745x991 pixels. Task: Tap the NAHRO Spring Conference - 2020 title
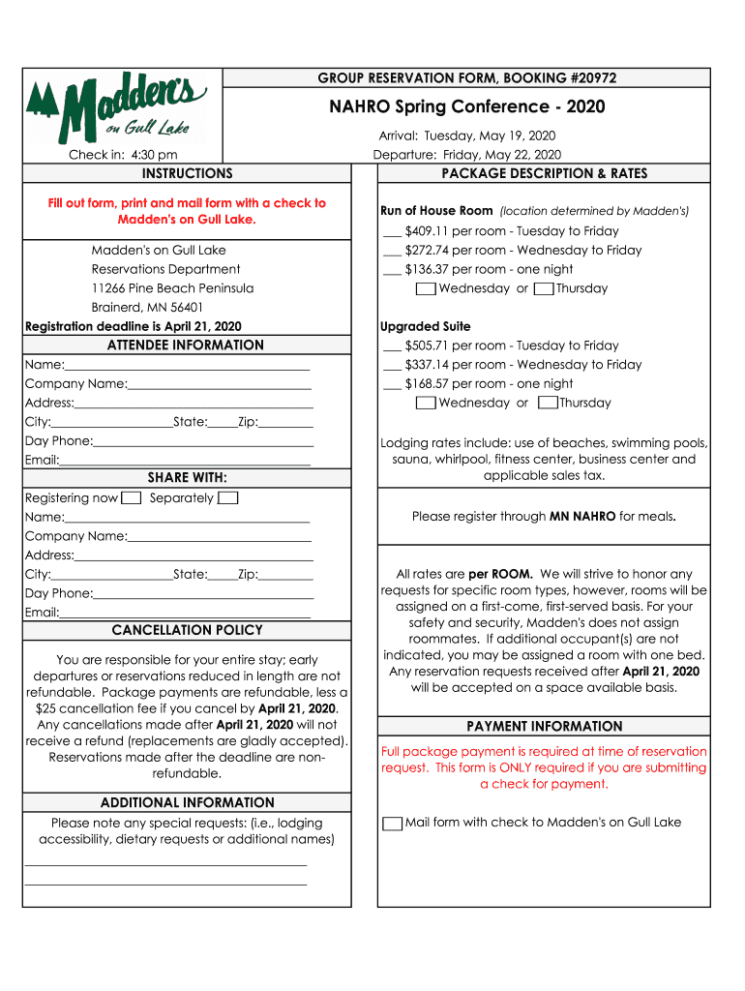(467, 106)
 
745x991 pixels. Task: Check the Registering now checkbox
(133, 498)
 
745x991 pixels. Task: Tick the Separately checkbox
(227, 498)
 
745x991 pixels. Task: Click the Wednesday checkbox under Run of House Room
(425, 288)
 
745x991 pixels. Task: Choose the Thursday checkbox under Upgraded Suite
(548, 403)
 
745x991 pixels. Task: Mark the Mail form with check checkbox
(392, 824)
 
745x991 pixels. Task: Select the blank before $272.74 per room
(392, 251)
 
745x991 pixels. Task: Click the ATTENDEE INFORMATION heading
(186, 345)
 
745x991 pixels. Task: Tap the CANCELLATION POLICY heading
(187, 630)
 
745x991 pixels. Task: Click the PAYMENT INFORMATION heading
(544, 727)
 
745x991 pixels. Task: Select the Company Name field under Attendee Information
(219, 384)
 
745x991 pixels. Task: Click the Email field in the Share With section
(185, 613)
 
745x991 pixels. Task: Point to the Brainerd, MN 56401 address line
(148, 308)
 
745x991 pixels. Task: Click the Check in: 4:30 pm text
(123, 155)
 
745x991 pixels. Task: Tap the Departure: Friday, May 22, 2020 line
(466, 155)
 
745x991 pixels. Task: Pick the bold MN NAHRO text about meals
(582, 517)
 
